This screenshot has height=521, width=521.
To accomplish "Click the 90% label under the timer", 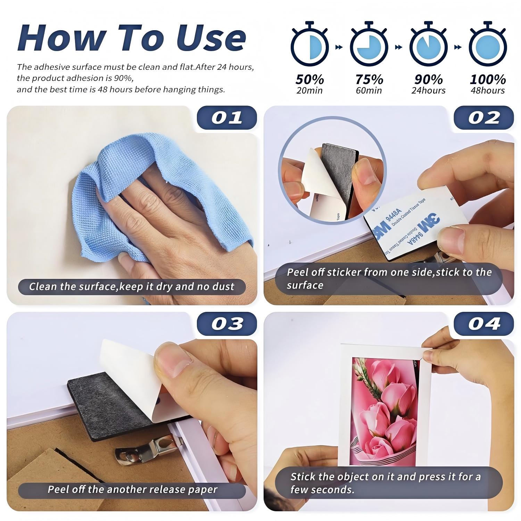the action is (x=428, y=80).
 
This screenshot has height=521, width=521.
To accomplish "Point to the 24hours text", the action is (x=428, y=91).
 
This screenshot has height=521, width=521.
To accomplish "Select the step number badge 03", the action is (x=227, y=323).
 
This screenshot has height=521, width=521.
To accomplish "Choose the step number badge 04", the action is (x=484, y=323).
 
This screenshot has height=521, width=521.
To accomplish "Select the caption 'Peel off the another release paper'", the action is (x=132, y=489).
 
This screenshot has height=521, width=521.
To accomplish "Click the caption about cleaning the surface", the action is (x=132, y=287).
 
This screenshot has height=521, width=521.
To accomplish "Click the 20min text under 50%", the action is (x=309, y=91).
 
